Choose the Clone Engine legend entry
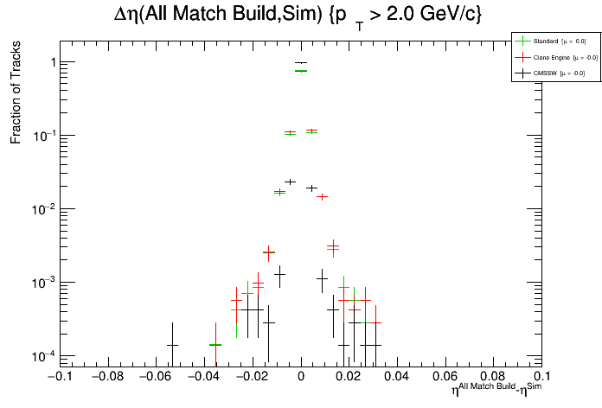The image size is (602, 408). [551, 57]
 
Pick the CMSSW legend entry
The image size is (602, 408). [547, 73]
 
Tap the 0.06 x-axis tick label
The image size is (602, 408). [446, 376]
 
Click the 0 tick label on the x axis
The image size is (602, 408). [301, 376]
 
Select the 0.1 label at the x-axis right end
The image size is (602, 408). [541, 376]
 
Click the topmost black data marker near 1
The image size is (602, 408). [301, 62]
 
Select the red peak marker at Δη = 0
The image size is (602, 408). [301, 71]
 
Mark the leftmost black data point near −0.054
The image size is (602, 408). [172, 345]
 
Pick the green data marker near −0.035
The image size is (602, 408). [215, 345]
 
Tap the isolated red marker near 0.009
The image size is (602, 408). [323, 196]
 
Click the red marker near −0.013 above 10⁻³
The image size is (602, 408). [269, 252]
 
